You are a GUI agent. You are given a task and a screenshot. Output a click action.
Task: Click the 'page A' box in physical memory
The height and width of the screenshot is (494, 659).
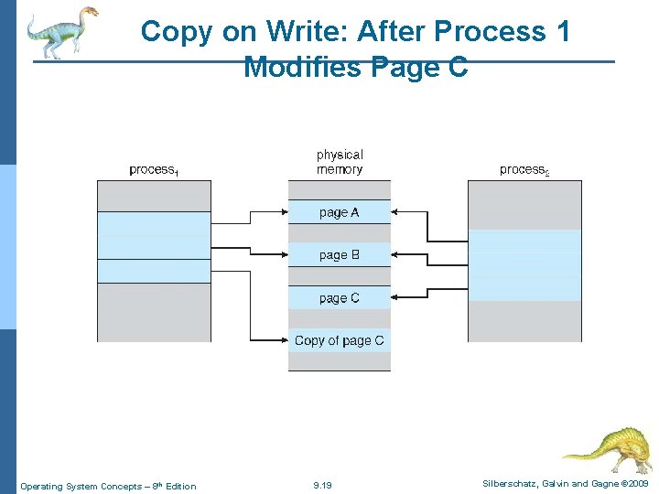click(x=339, y=212)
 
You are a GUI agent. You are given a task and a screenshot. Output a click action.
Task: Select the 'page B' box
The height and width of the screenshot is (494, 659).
click(x=339, y=255)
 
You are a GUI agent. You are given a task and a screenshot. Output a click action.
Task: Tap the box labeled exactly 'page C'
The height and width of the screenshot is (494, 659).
click(x=339, y=298)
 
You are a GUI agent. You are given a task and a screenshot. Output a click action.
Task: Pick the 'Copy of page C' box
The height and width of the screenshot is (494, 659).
click(x=339, y=340)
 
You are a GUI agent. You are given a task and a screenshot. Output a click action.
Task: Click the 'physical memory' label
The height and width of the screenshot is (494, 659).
click(x=340, y=162)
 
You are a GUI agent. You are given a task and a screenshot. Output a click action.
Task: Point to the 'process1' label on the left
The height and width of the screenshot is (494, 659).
click(x=154, y=170)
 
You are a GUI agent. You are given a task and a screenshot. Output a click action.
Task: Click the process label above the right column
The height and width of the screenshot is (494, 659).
click(x=524, y=170)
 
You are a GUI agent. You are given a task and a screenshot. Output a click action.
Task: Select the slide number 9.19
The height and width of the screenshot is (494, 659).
click(x=322, y=486)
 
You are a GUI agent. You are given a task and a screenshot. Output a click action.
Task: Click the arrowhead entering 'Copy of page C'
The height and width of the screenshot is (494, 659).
click(x=284, y=340)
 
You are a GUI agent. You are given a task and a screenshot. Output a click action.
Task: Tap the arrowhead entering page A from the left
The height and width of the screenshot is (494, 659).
click(x=284, y=212)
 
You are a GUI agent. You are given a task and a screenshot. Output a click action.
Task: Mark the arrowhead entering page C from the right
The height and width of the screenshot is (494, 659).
click(x=395, y=296)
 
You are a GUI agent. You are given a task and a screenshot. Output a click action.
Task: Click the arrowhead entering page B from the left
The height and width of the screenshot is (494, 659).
click(x=284, y=255)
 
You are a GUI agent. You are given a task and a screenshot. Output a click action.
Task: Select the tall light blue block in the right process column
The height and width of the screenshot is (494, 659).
click(x=524, y=265)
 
